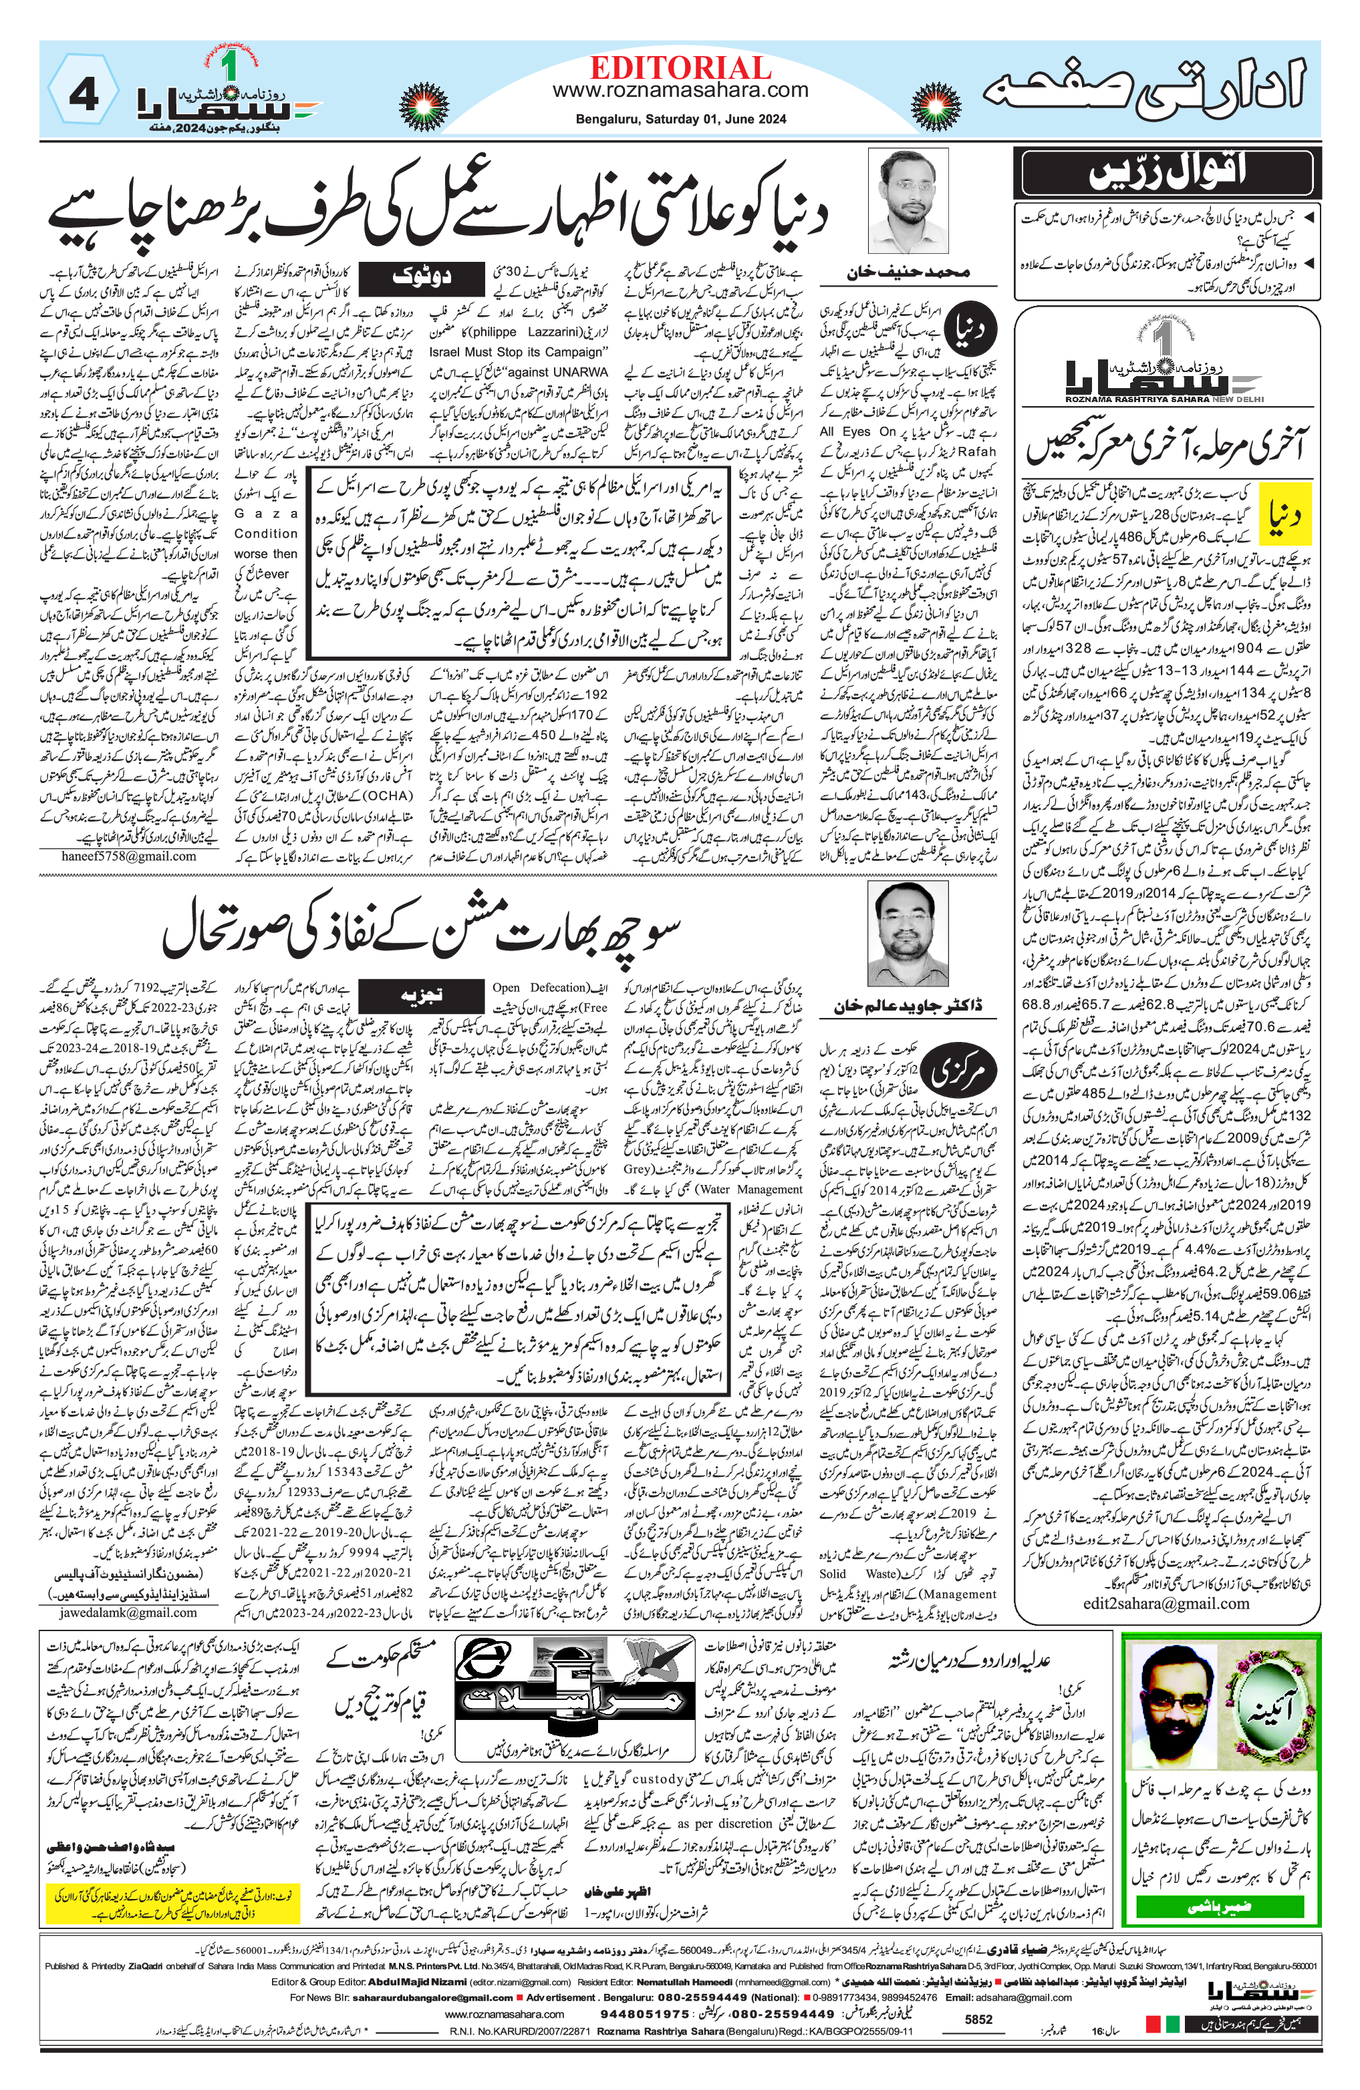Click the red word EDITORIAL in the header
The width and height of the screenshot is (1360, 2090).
coord(680,67)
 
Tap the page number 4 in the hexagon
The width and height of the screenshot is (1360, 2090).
coord(83,94)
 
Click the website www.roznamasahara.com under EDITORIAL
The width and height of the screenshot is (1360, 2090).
coord(680,90)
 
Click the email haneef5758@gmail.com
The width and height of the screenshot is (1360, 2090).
coord(129,856)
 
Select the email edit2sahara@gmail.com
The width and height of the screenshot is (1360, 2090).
coord(1166,1604)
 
